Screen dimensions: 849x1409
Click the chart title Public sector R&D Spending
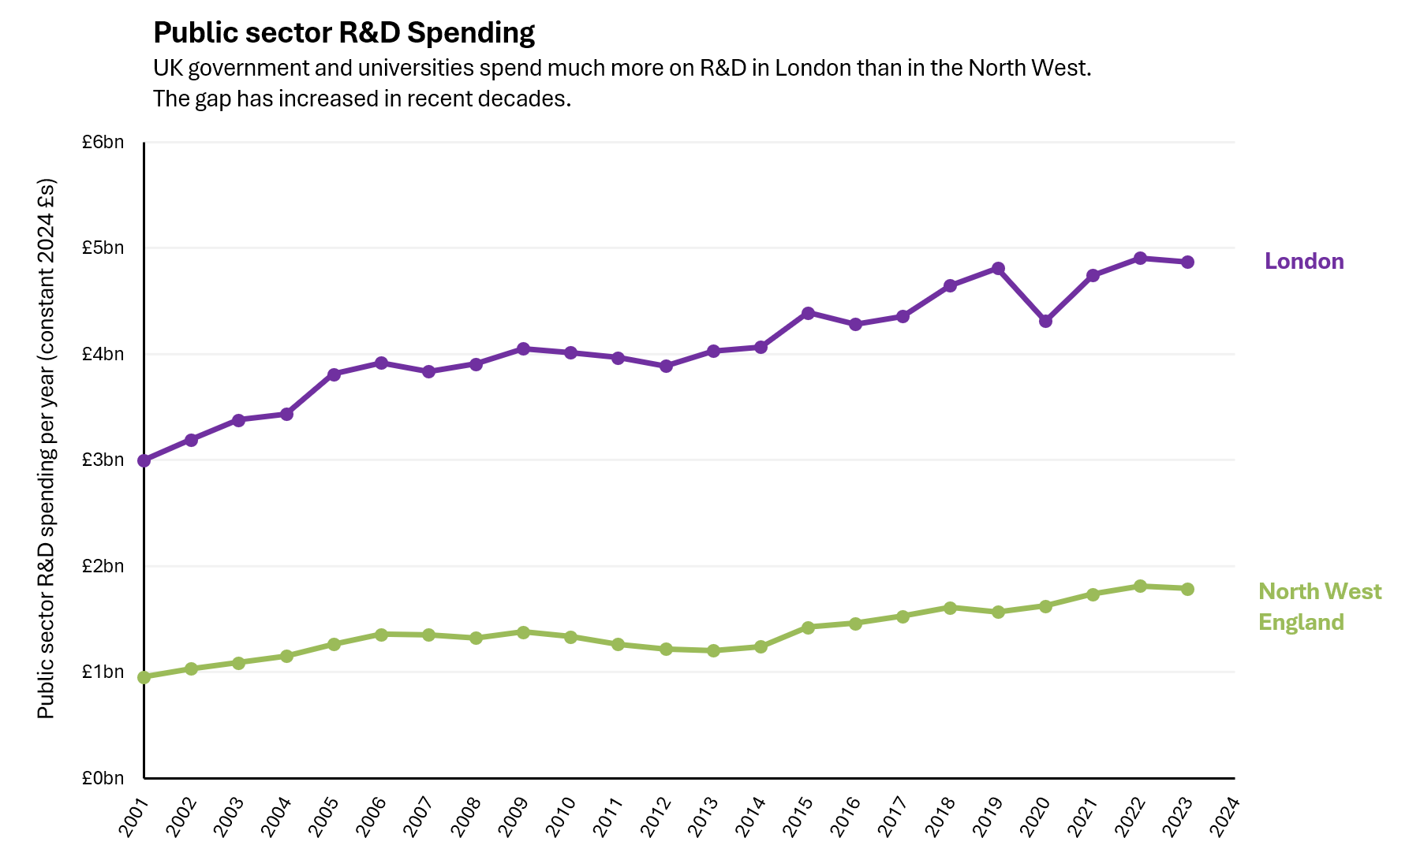[x=344, y=33]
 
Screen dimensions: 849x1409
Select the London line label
[x=1303, y=262]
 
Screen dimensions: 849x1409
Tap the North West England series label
[x=1319, y=607]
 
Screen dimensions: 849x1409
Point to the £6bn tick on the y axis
[x=103, y=143]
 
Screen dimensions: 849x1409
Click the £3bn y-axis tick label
[x=103, y=460]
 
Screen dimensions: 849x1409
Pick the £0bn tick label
[x=103, y=779]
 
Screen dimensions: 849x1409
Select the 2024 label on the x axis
[x=1224, y=817]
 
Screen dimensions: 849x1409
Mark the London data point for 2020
[x=1045, y=321]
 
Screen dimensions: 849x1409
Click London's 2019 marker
[x=998, y=269]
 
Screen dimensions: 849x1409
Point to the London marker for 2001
[x=144, y=460]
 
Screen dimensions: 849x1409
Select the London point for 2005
[x=334, y=374]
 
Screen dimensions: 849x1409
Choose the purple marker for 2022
[x=1140, y=259]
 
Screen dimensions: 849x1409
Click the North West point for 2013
[x=713, y=651]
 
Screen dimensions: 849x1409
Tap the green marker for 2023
[x=1187, y=589]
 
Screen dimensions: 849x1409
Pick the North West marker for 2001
[x=144, y=677]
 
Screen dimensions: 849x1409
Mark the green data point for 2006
[x=381, y=635]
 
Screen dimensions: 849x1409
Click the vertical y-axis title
[x=47, y=449]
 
